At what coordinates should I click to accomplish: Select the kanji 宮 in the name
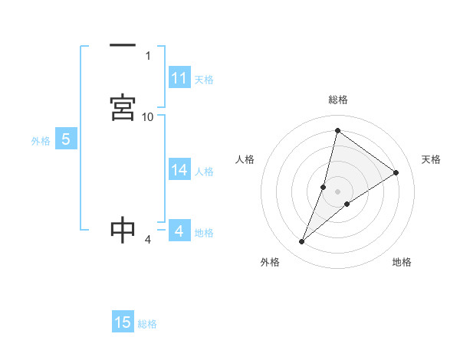tap(123, 107)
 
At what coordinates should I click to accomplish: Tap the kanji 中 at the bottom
tap(123, 230)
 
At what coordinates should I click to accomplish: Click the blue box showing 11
tap(179, 78)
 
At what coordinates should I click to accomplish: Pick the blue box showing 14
tap(179, 170)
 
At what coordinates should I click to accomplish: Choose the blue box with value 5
tap(66, 139)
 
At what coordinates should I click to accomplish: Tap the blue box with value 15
tap(123, 322)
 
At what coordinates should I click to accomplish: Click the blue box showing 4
tap(179, 231)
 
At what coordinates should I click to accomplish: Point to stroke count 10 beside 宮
tap(148, 116)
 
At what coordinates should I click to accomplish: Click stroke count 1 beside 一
tap(148, 55)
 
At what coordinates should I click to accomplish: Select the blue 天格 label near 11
tap(204, 79)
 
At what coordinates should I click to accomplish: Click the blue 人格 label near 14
tap(204, 172)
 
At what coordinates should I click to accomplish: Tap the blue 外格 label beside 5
tap(41, 141)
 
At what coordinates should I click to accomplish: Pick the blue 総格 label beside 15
tap(147, 324)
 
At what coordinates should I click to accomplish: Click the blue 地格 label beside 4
tap(204, 233)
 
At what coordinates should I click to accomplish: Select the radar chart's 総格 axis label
tap(338, 100)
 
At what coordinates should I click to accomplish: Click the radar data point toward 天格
tap(396, 172)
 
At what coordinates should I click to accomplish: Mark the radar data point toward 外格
tap(302, 242)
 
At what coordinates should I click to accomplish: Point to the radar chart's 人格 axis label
tap(245, 159)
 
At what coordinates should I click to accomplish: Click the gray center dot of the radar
tap(338, 191)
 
